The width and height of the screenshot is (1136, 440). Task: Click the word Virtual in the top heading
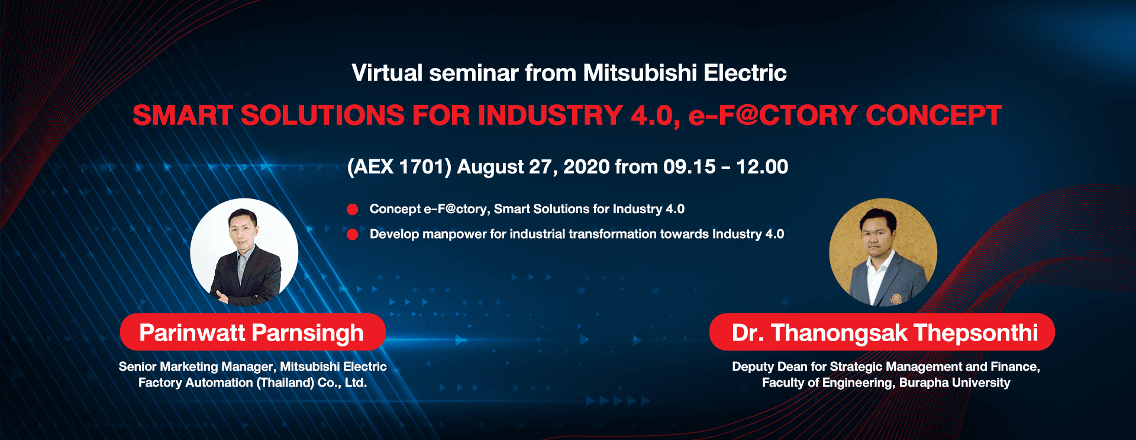387,73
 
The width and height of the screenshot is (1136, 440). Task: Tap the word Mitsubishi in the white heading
640,73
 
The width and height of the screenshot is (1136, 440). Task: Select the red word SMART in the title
182,115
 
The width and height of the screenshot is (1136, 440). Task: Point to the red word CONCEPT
934,115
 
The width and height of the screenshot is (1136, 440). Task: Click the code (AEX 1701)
399,167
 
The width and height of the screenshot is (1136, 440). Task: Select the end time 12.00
762,167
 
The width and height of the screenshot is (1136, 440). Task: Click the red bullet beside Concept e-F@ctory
353,209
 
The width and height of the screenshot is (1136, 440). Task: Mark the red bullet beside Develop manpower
353,234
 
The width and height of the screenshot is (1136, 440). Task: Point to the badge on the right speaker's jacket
896,298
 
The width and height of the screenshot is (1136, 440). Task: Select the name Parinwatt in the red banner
192,333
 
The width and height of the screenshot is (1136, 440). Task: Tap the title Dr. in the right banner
748,333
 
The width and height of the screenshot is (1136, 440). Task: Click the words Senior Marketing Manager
198,367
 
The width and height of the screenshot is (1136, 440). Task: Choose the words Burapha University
955,383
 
